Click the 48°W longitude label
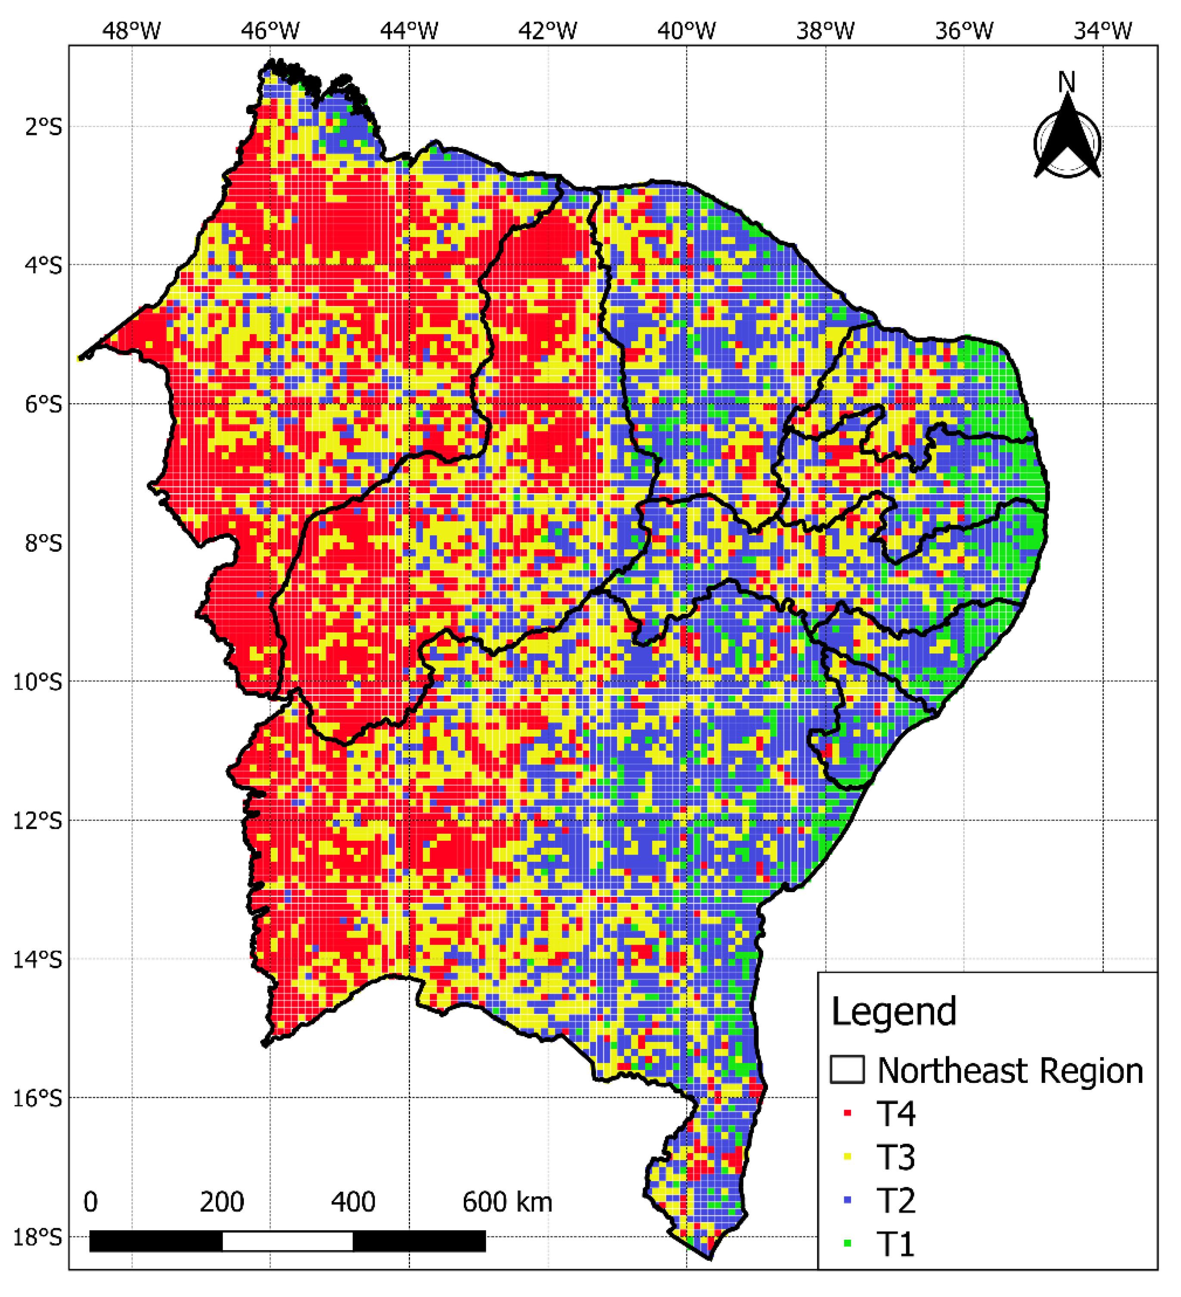coord(131,30)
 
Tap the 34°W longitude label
coord(1103,30)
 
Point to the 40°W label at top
coord(687,30)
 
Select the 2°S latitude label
coord(44,127)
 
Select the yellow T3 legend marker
coord(847,1157)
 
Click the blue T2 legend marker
coord(847,1200)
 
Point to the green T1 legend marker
coord(847,1244)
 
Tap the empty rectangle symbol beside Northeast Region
coord(846,1070)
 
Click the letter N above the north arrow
coord(1066,82)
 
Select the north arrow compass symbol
coord(1067,143)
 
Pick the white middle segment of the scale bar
coord(288,1241)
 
